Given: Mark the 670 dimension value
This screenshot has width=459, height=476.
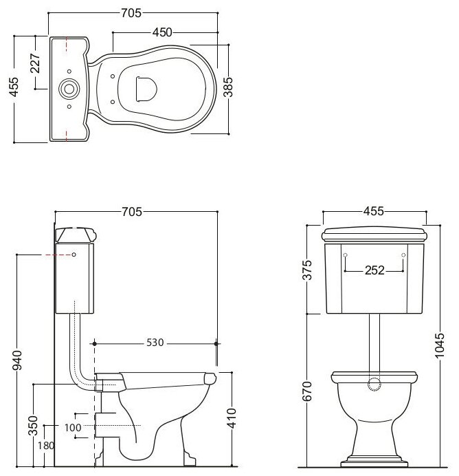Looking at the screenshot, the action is click(x=309, y=394).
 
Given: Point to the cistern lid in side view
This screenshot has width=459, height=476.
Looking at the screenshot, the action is click(x=74, y=233).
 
